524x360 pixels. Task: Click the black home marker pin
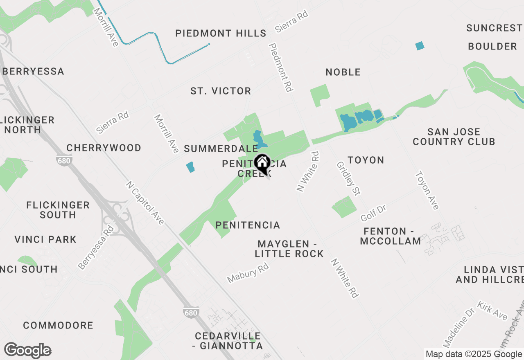tap(262, 163)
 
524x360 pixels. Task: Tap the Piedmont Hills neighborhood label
tap(221, 33)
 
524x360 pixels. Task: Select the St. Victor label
tap(221, 91)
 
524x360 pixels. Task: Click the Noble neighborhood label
tap(343, 72)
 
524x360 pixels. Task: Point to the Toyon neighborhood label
tap(366, 160)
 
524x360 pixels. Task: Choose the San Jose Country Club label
tap(454, 137)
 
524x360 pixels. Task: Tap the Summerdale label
tap(221, 148)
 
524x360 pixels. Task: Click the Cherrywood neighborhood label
tap(104, 148)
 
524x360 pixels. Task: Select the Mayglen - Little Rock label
tap(289, 249)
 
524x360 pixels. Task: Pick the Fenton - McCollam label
tap(390, 236)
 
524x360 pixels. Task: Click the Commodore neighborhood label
tap(58, 326)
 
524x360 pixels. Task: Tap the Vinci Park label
tap(45, 239)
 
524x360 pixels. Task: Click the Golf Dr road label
tap(373, 214)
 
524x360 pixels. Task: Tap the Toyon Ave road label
tap(427, 190)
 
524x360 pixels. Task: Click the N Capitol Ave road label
tap(145, 203)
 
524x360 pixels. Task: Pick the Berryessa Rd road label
tap(95, 247)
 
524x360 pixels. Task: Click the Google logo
tap(27, 351)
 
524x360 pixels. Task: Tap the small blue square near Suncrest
tap(420, 46)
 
